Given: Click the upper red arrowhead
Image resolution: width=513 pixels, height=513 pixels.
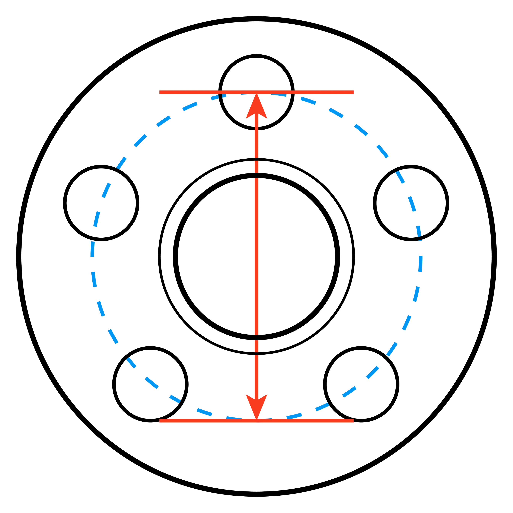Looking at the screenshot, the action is (256, 109).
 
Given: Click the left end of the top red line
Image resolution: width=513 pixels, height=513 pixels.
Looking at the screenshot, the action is (160, 92).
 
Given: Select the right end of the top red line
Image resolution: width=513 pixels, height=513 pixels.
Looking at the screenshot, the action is (353, 92).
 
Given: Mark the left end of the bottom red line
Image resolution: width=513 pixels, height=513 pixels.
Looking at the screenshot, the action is (160, 421).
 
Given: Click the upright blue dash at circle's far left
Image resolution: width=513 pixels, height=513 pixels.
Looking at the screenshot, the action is (92, 249).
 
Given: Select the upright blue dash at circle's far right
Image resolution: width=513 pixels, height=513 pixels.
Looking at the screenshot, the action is (420, 264).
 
